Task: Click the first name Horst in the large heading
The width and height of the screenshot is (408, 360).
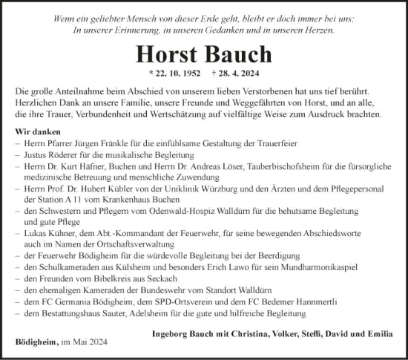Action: click(168, 56)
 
